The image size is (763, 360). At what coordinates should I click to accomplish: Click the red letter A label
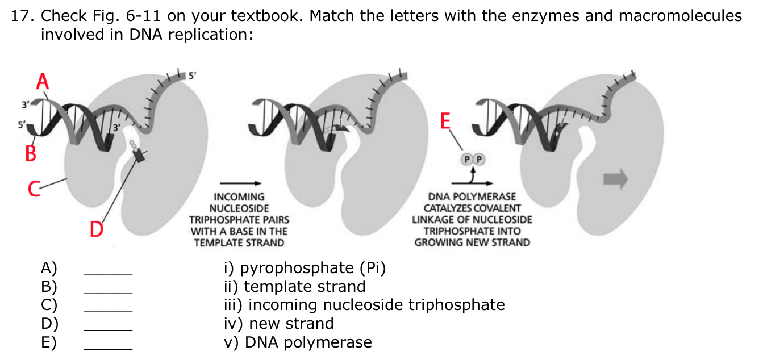pos(42,81)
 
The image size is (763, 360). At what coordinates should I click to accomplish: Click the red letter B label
pos(31,153)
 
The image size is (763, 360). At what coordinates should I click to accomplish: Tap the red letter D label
pos(97,230)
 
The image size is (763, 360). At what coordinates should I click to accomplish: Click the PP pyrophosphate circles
pos(473,160)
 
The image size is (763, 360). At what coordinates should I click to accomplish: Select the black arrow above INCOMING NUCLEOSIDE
pos(240,183)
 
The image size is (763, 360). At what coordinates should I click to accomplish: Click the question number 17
pos(20,16)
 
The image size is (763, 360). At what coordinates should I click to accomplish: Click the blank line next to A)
pos(108,274)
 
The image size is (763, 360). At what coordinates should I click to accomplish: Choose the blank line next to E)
pos(108,348)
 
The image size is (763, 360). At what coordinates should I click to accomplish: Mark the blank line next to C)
pos(108,311)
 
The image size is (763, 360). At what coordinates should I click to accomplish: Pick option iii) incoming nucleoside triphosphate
pos(363,305)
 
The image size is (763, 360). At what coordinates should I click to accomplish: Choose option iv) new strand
pos(278,324)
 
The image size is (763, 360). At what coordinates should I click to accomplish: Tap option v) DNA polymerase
pos(298,342)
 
